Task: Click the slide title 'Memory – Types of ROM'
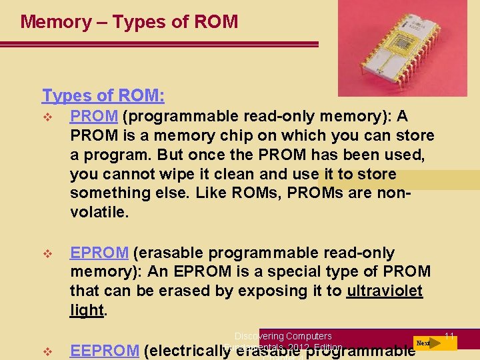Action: point(129,22)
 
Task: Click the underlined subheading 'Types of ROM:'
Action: point(103,96)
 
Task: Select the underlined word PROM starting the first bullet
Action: point(94,117)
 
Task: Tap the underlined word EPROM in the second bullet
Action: point(99,253)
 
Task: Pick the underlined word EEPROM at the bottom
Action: point(105,351)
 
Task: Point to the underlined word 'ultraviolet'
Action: point(385,291)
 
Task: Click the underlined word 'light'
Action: point(87,310)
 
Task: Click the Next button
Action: point(423,343)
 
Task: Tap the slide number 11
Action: point(449,335)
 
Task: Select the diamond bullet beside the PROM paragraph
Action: point(47,117)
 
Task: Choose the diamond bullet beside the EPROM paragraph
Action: point(47,254)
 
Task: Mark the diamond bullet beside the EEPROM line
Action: point(47,351)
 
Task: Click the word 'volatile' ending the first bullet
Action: point(98,213)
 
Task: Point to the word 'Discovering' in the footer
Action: point(259,336)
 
